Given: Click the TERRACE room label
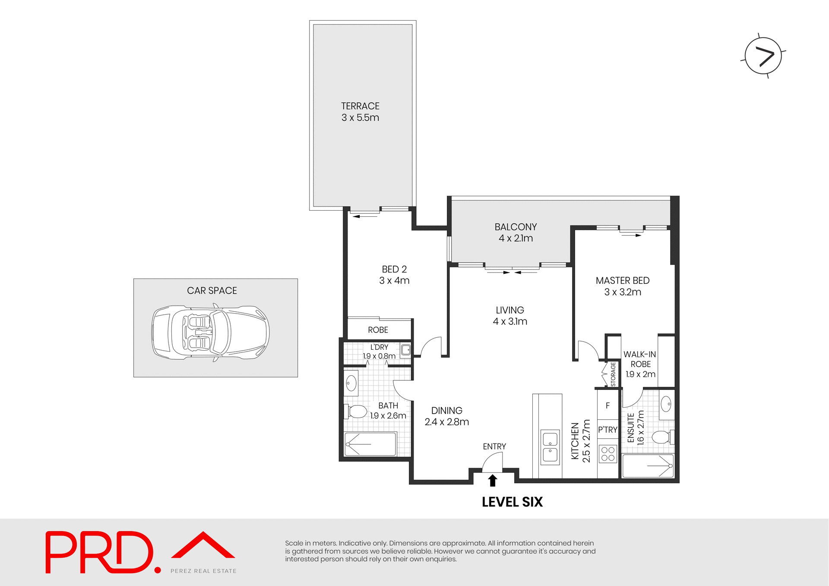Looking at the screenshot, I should tap(360, 106).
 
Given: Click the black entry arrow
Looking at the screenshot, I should tap(493, 481).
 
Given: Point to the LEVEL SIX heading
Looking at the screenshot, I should tap(512, 502).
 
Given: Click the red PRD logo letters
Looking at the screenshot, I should tap(99, 552).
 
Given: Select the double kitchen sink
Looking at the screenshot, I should tap(550, 447).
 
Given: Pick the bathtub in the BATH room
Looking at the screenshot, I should tap(370, 444).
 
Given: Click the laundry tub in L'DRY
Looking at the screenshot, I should tap(406, 350).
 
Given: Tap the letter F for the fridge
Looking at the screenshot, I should tap(608, 406).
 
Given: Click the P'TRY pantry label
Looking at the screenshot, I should tap(608, 430).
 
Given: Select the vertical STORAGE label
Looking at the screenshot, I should tap(613, 374).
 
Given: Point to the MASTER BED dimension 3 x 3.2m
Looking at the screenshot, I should tap(623, 292).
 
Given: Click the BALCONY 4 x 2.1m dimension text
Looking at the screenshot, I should tap(516, 238).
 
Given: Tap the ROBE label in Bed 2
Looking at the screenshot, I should tap(378, 330).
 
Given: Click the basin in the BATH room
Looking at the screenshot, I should tap(351, 383).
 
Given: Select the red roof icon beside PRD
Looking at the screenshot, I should tap(203, 545).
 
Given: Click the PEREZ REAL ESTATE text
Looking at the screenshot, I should tap(203, 571).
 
